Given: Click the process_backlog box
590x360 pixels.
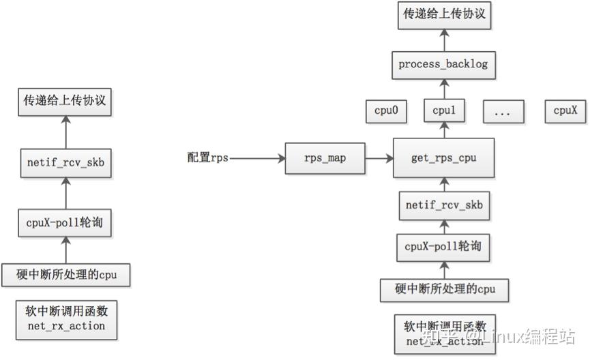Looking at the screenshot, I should (443, 65).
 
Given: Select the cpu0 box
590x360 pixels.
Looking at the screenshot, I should (386, 110).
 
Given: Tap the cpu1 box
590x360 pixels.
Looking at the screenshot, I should (443, 110).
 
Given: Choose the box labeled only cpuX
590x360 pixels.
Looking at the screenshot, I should (565, 110).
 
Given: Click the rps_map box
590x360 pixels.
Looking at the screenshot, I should (325, 158).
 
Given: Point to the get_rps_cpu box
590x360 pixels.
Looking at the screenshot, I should (444, 158).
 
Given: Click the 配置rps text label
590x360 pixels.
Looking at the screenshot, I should (207, 158).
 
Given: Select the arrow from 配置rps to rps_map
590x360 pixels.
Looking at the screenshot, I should (256, 158).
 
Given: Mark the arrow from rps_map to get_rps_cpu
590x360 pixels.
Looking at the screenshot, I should (379, 158).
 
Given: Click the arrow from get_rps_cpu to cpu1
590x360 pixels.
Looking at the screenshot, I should (444, 130).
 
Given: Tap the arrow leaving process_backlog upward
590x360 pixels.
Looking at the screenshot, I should (444, 42).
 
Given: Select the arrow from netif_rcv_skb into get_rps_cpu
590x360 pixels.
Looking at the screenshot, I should (444, 183).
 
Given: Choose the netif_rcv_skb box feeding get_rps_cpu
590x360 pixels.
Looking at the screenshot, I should (444, 205).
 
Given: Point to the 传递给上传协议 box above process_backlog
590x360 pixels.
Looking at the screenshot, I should (444, 14).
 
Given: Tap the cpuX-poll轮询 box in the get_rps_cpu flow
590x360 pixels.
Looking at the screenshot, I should (444, 247).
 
